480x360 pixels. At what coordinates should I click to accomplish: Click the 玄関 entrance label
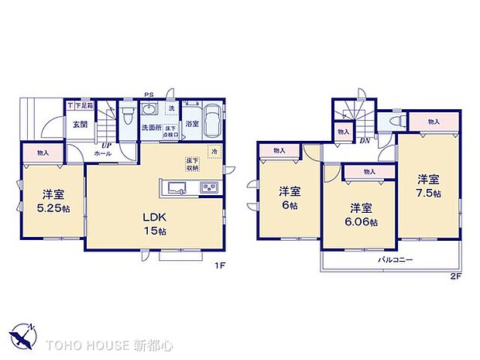(79, 124)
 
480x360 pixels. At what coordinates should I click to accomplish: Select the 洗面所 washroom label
(151, 128)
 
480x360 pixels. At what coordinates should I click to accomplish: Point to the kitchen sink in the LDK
(175, 187)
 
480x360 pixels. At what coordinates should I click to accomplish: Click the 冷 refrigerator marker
(214, 152)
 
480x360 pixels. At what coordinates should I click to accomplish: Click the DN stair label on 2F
(365, 140)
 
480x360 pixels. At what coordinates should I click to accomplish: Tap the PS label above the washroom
(149, 97)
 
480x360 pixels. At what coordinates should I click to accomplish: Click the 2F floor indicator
(455, 274)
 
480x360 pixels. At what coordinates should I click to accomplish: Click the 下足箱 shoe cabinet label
(83, 105)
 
